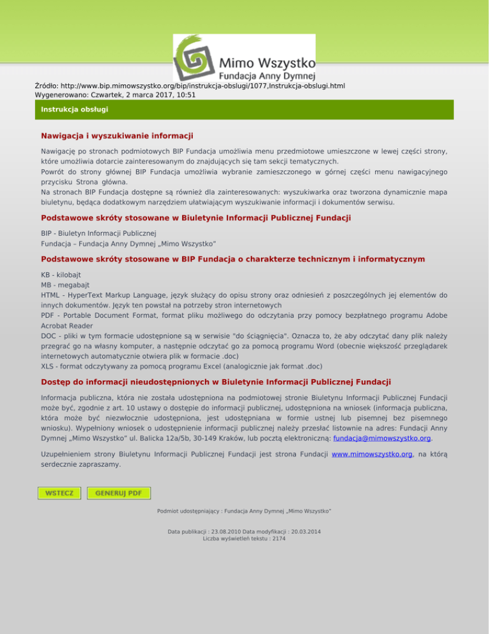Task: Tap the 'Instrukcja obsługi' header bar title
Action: (x=74, y=110)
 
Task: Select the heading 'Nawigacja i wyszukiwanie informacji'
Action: (x=117, y=136)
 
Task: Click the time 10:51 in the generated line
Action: (x=186, y=94)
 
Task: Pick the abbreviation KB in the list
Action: (x=46, y=273)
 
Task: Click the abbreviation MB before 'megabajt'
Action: (x=46, y=284)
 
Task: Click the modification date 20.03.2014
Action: (x=302, y=531)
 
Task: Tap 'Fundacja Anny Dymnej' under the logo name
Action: (x=267, y=76)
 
